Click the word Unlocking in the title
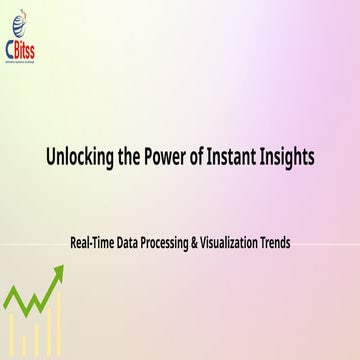80,158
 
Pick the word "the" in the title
135,158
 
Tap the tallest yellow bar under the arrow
57,320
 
